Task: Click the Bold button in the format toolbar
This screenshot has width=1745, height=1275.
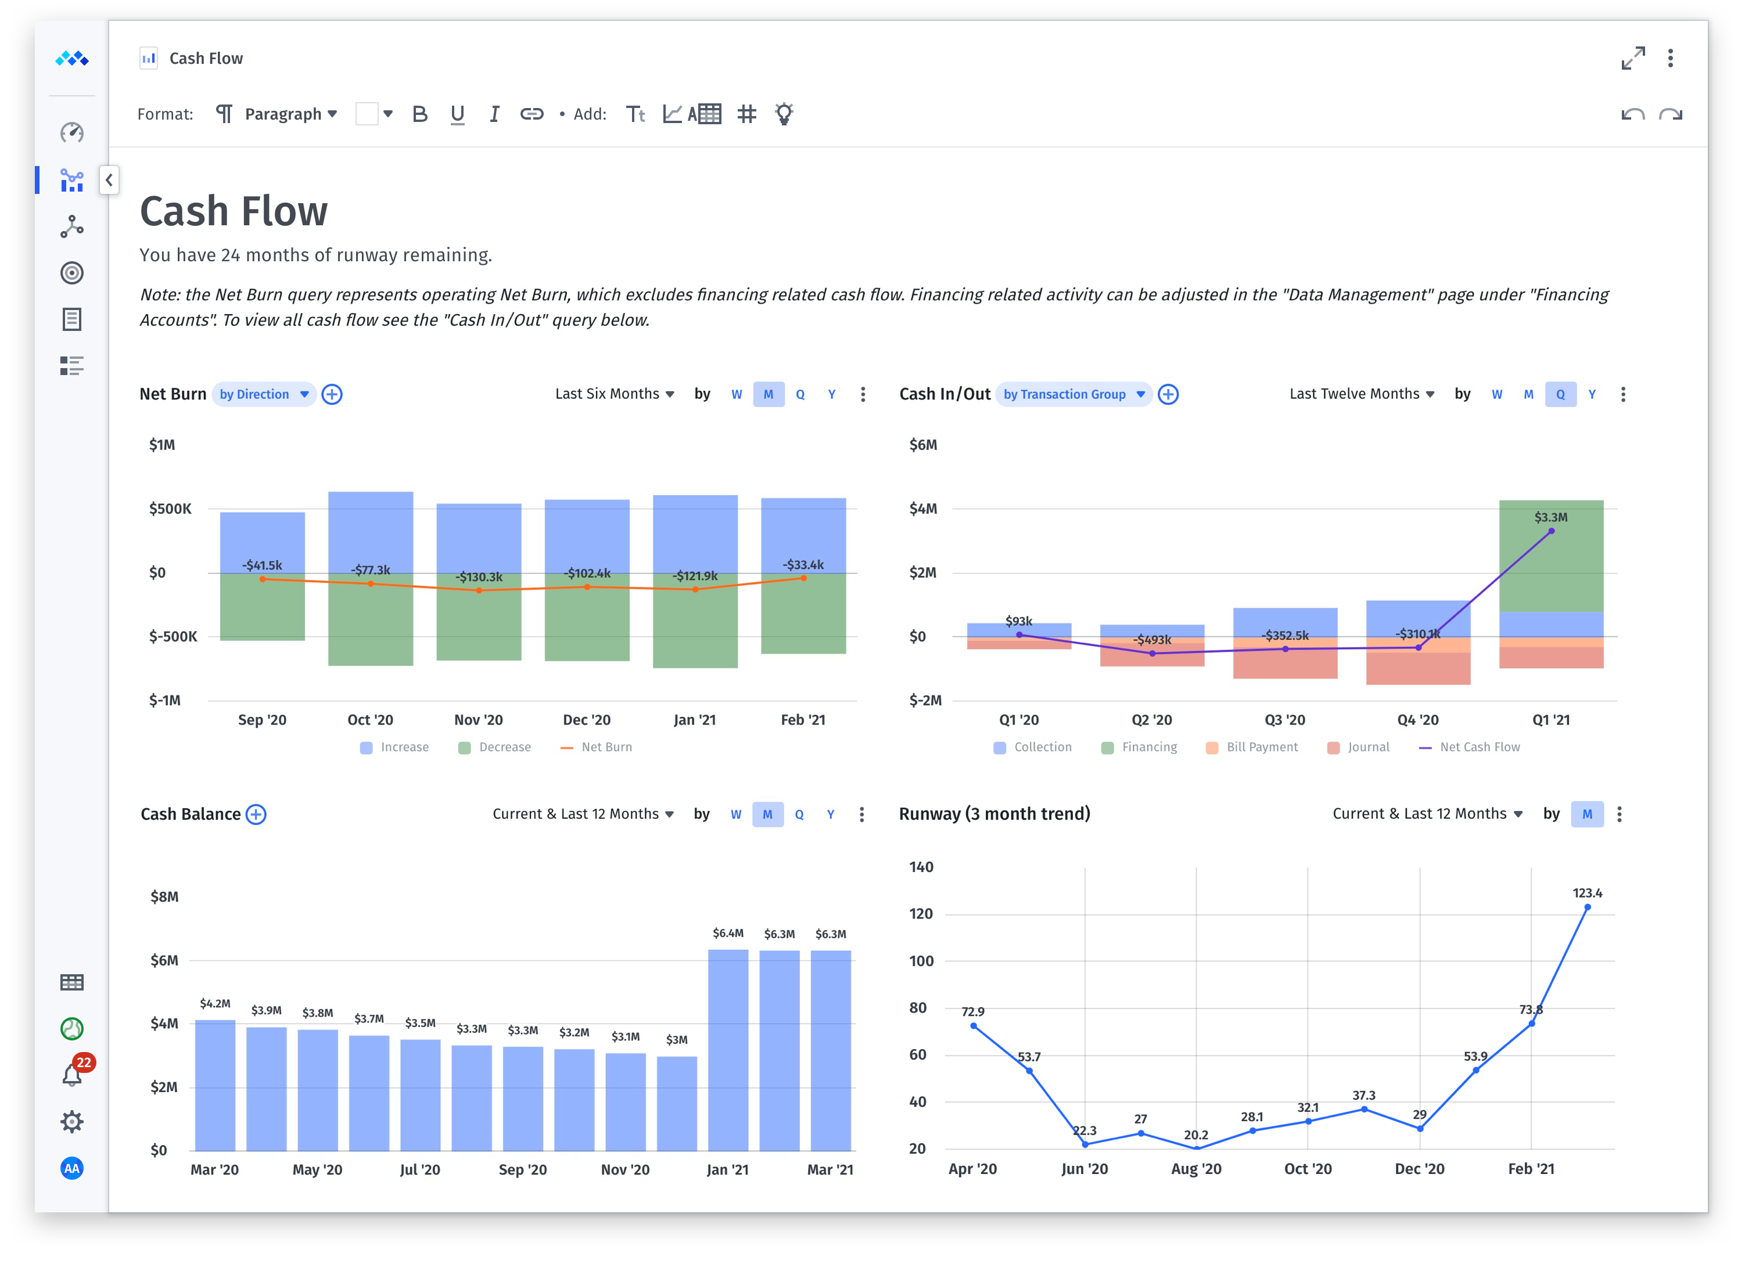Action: (x=419, y=114)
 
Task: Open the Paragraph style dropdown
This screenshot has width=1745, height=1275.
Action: (x=291, y=114)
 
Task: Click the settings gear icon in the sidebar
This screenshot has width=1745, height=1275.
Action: (x=72, y=1121)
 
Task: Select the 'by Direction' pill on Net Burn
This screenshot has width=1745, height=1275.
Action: (x=263, y=394)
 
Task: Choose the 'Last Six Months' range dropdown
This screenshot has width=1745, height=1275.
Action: (x=615, y=394)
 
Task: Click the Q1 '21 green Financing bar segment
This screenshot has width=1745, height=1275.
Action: (x=1550, y=556)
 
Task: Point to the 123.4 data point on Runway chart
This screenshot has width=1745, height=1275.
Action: (x=1587, y=907)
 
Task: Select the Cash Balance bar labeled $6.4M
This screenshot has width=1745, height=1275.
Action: (x=727, y=1050)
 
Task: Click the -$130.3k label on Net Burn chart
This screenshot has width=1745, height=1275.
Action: (x=479, y=577)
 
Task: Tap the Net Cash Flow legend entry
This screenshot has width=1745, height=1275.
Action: (x=1468, y=747)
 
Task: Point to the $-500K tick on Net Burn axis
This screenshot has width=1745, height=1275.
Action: (x=173, y=637)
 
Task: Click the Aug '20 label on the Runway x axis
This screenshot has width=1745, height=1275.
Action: (x=1196, y=1169)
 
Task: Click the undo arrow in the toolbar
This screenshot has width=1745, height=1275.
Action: (x=1632, y=114)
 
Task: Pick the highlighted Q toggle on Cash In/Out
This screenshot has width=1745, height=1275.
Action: (x=1560, y=394)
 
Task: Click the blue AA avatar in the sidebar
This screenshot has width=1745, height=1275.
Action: (x=72, y=1169)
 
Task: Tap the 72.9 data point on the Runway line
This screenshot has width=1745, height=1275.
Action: (x=973, y=1026)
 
